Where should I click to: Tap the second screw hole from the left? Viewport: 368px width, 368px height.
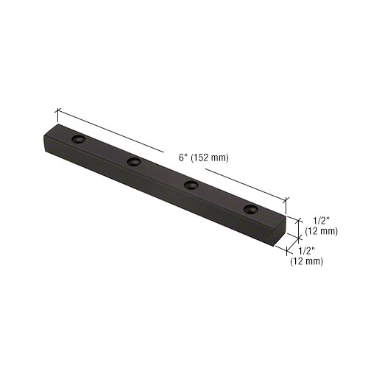134,161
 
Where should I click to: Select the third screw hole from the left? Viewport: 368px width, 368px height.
190,185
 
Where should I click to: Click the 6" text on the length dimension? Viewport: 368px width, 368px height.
183,156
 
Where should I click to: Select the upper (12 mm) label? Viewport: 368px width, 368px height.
322,231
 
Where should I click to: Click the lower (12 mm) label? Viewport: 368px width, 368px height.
305,261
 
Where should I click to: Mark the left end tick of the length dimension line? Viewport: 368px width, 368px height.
57,111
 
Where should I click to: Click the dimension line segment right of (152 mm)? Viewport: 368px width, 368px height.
254,186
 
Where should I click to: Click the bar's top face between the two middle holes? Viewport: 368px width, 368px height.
162,174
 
